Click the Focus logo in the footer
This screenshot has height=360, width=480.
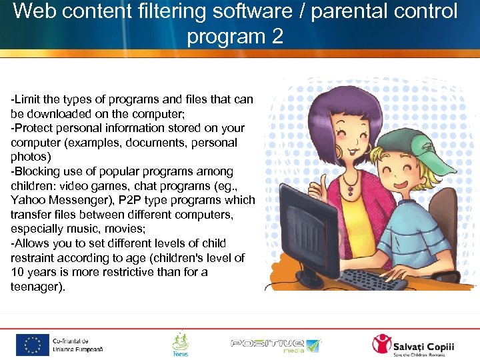click(x=180, y=344)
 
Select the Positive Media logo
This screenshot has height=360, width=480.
click(x=275, y=345)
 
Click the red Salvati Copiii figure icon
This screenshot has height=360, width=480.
click(x=382, y=344)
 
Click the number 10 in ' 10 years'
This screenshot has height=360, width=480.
click(x=18, y=272)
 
